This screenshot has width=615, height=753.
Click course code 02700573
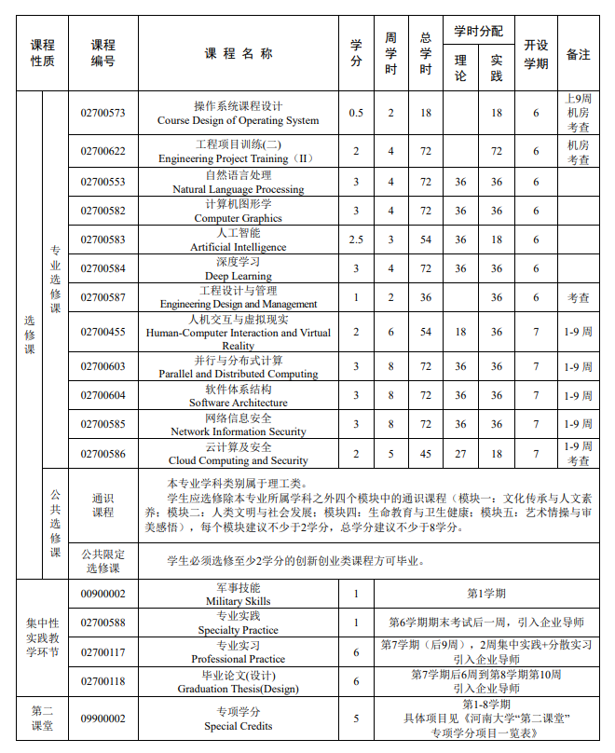[x=102, y=113]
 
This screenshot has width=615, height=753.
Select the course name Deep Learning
[x=238, y=269]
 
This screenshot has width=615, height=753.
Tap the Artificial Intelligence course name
[x=238, y=240]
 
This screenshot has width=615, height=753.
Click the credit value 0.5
[x=356, y=113]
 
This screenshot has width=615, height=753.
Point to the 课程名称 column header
[x=239, y=54]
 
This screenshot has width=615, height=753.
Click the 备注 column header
[x=578, y=54]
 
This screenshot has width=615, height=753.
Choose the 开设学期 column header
[x=536, y=54]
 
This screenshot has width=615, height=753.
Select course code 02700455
[x=102, y=331]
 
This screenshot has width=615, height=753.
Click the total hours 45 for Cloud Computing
[x=426, y=454]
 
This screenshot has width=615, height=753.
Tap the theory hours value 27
[x=460, y=454]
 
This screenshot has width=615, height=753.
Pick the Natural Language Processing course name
[x=238, y=182]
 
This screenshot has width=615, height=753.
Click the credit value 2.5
[x=356, y=240]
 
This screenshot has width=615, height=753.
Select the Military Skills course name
[x=238, y=595]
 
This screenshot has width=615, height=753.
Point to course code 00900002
[x=102, y=594]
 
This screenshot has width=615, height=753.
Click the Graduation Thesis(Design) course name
[x=238, y=682]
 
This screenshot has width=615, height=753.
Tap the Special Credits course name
[x=238, y=719]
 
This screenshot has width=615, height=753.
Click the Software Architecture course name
[x=238, y=396]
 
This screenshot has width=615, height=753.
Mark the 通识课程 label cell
[x=102, y=505]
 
